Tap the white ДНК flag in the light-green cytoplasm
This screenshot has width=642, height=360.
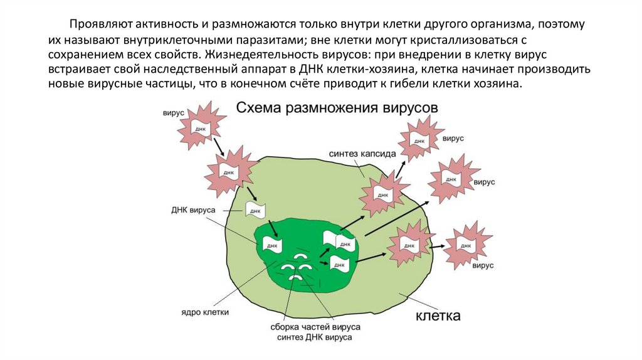pyautogui.click(x=255, y=210)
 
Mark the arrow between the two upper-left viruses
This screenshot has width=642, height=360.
pyautogui.click(x=218, y=146)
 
